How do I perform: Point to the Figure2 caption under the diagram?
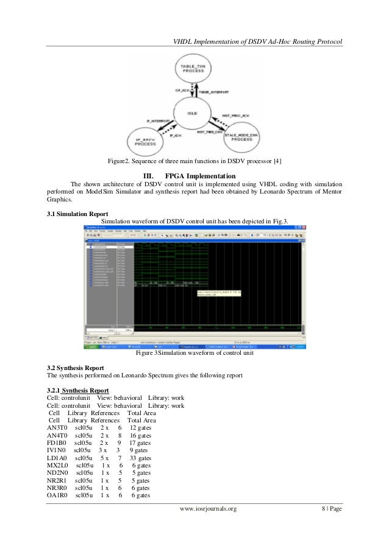point(194,161)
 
